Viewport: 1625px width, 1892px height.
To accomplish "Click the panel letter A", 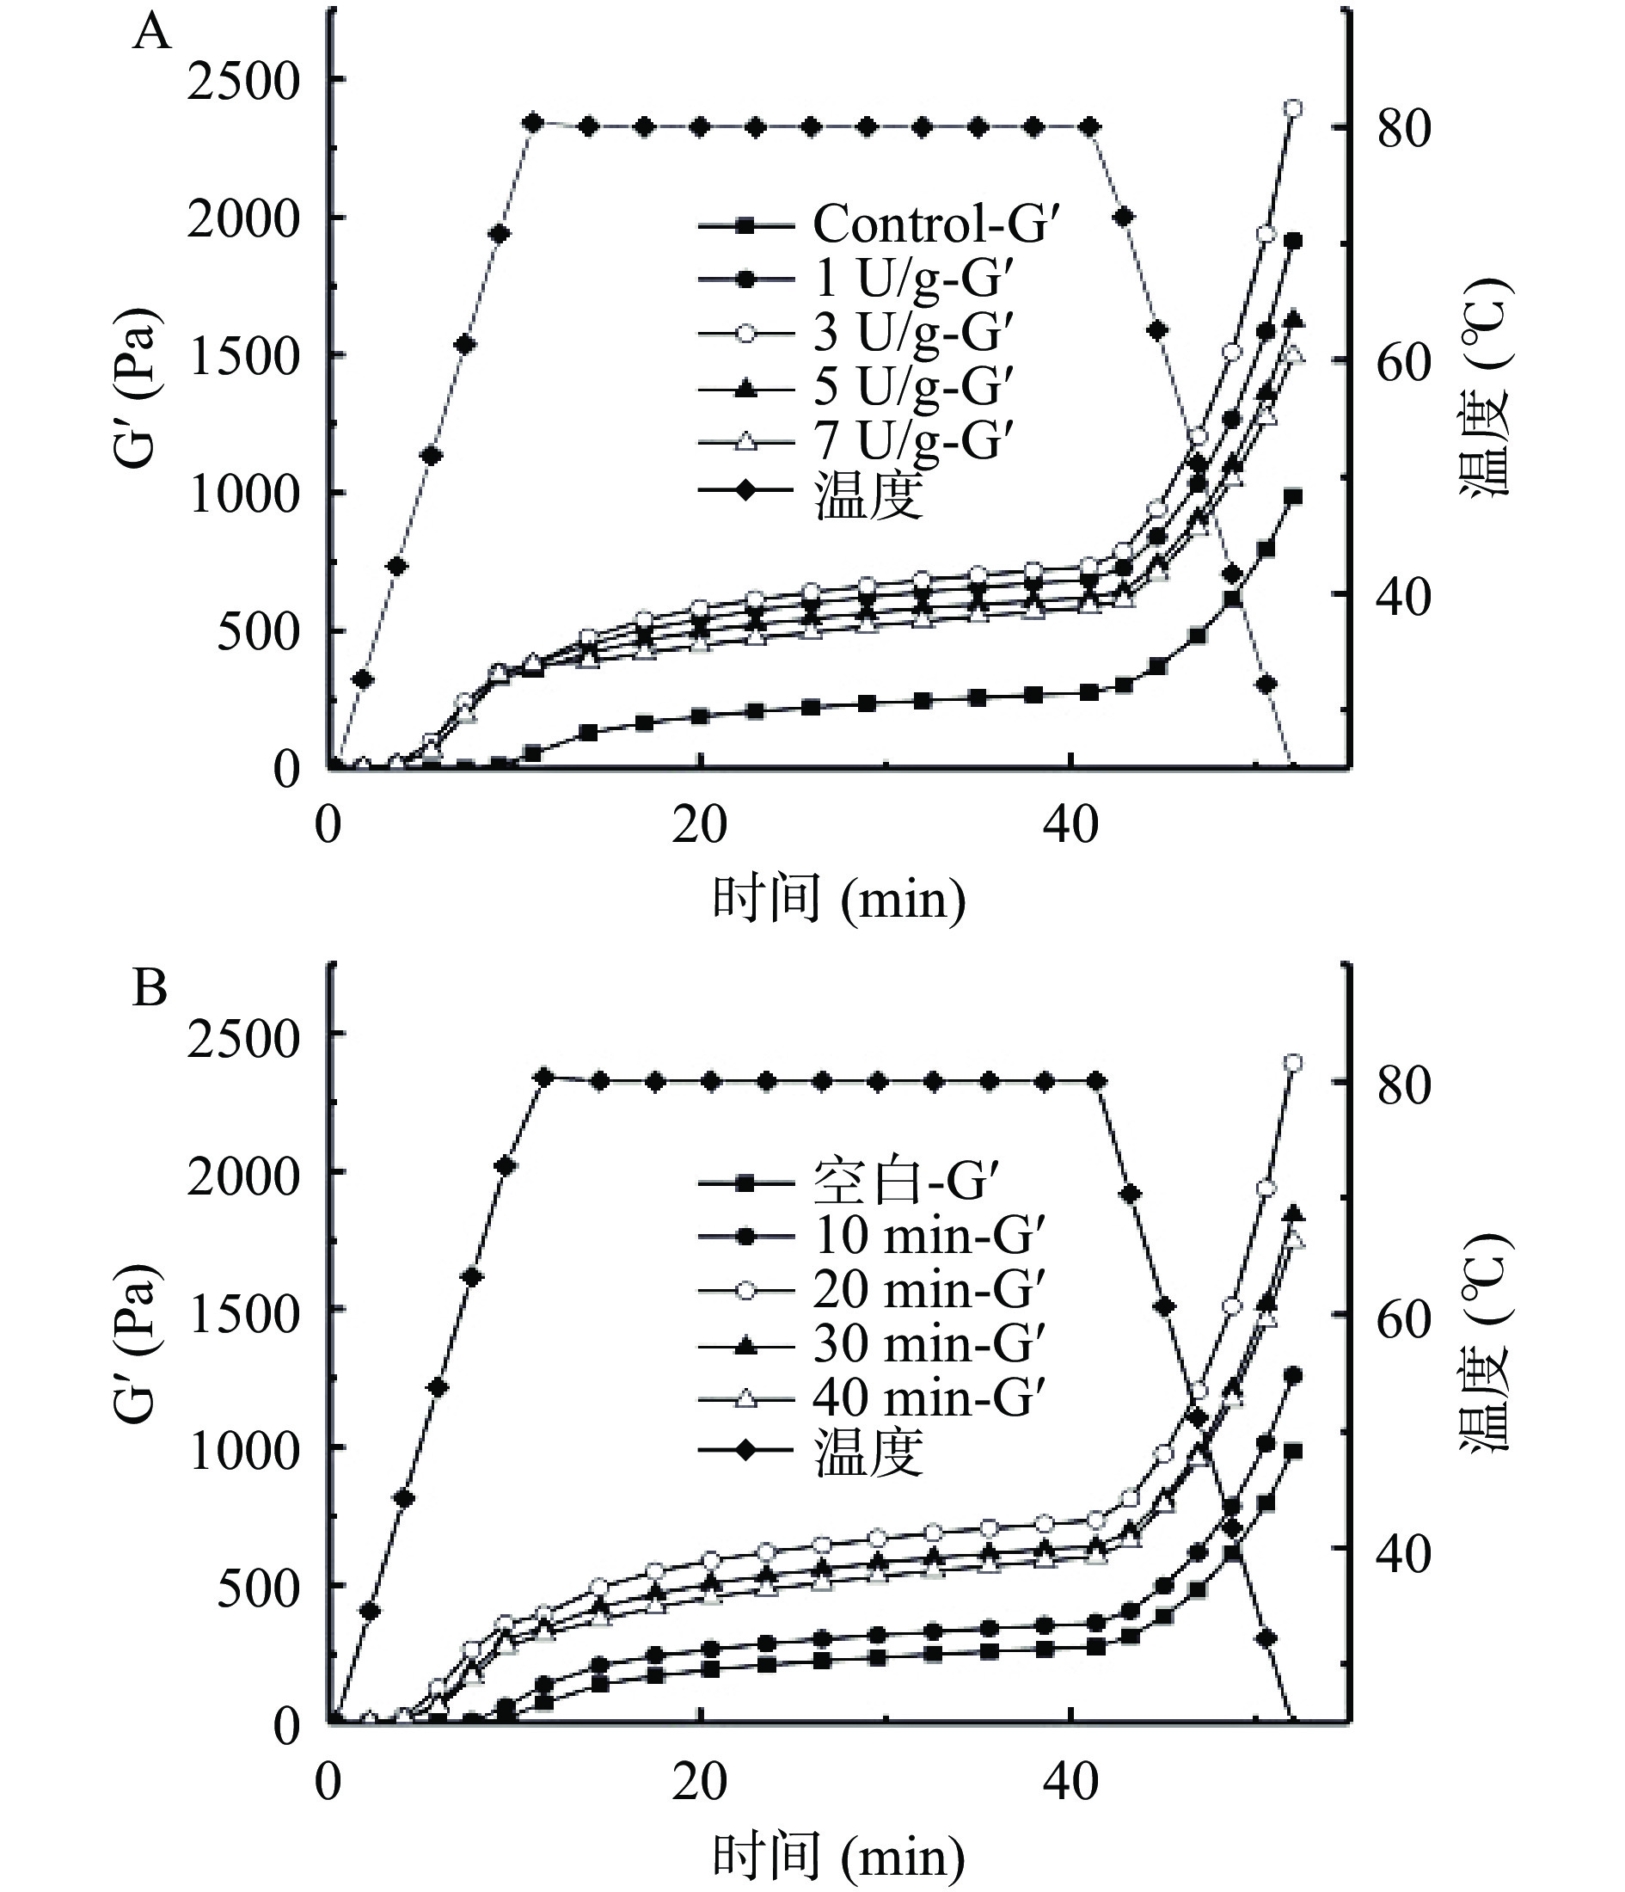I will click(x=151, y=34).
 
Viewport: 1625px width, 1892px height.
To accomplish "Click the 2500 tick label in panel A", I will click(x=244, y=83).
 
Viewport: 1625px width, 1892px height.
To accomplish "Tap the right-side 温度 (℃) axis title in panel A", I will click(x=1486, y=388).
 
